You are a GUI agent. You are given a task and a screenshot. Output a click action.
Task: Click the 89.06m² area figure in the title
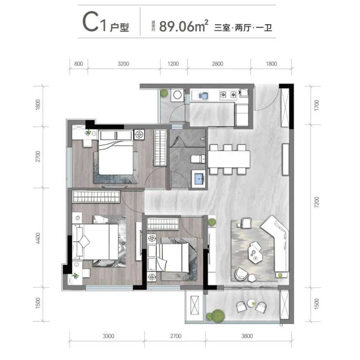184,26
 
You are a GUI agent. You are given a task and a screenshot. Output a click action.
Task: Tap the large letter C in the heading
90,22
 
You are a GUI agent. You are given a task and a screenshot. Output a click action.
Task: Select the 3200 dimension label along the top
123,64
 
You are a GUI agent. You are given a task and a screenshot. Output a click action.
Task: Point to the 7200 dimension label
316,202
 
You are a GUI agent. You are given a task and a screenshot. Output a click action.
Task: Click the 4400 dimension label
38,238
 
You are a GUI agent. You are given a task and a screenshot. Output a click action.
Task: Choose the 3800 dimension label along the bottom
247,336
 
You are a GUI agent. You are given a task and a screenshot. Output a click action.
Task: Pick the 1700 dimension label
316,106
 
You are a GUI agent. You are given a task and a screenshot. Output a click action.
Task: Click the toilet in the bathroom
198,159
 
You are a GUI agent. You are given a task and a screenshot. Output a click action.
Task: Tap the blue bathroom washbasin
199,179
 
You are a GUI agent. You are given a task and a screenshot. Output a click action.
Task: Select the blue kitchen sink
203,96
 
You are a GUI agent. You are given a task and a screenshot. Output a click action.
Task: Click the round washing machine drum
177,95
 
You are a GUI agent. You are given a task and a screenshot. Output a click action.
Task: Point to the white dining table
229,159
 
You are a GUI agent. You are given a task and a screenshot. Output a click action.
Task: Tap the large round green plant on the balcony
217,315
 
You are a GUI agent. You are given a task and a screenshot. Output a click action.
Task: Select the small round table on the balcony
252,304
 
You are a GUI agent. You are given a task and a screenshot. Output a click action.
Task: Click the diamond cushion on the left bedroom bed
85,241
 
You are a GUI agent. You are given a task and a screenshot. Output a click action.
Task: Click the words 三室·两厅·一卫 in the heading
243,28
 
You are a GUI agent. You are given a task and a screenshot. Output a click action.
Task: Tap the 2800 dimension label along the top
217,64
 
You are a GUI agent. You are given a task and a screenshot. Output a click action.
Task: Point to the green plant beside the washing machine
164,93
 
